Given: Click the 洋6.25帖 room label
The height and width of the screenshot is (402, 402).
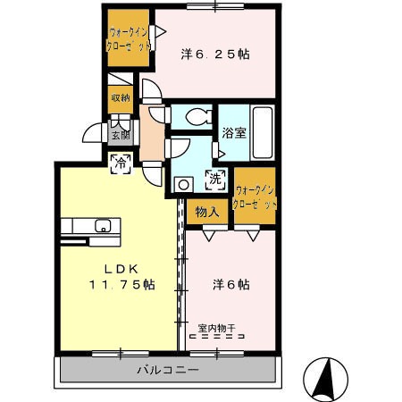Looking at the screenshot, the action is (215, 54).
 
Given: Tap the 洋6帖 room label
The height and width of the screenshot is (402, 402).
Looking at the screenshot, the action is (231, 285).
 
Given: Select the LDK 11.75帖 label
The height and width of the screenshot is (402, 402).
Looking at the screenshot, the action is (122, 277).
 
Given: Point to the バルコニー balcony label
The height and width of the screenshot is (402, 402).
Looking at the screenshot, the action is (168, 370).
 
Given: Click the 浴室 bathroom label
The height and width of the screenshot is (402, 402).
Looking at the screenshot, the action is (234, 133).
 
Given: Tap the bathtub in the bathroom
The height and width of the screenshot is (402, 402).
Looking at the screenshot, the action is (263, 132).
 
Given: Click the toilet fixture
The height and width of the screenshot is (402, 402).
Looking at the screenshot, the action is (198, 116).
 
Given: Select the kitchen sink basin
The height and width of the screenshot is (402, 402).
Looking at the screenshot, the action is (103, 225).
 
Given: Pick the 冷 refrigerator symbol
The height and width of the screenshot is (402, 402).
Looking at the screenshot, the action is (121, 163).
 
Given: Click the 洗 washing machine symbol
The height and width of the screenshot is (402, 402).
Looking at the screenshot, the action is (215, 180).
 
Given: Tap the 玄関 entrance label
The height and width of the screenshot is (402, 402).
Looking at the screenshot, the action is (121, 135).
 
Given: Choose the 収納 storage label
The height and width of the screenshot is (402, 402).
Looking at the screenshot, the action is (121, 97).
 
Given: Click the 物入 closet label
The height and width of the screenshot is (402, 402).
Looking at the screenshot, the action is (207, 212).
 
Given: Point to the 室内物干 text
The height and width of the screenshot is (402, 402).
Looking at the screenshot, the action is (217, 328).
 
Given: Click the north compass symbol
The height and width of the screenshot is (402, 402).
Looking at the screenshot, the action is (325, 379).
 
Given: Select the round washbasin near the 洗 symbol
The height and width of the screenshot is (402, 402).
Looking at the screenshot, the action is (183, 185).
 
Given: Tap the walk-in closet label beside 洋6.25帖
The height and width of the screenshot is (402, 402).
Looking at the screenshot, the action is (128, 39).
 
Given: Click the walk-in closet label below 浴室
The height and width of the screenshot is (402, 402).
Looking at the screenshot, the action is (255, 197).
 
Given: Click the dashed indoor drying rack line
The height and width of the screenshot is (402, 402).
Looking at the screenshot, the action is (217, 337).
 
